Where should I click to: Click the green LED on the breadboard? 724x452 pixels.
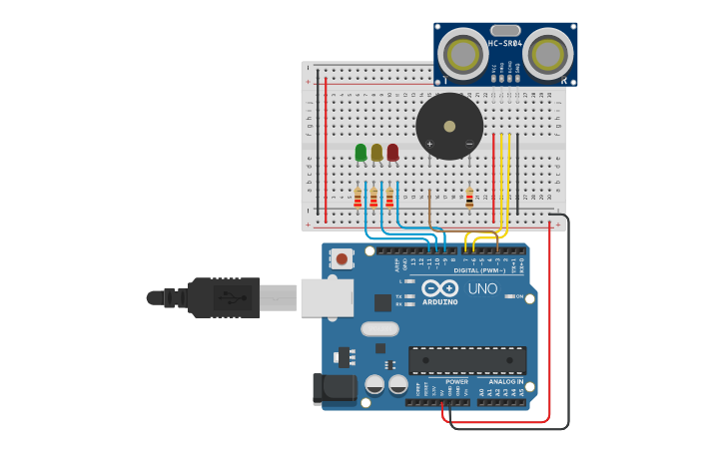361,152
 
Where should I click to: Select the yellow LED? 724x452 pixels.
376,152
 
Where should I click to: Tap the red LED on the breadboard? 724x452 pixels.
392,152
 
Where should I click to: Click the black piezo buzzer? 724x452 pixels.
449,126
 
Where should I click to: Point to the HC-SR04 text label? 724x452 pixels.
506,44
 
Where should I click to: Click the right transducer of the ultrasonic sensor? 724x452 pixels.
550,54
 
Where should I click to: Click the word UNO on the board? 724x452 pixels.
482,288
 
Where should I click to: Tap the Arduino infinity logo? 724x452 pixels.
439,287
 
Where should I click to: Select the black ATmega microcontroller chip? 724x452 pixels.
467,360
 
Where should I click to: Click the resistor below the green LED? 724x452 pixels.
358,199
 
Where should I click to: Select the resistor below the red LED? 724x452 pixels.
389,199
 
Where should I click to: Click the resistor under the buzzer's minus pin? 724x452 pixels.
469,198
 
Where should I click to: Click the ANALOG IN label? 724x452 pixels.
505,381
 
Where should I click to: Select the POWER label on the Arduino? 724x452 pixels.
456,381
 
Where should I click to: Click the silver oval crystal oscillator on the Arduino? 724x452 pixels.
379,328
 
